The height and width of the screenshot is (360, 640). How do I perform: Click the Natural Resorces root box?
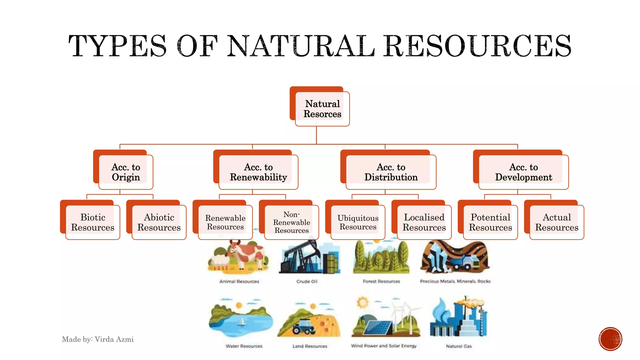(322, 109)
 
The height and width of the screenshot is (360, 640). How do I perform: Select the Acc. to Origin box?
(126, 172)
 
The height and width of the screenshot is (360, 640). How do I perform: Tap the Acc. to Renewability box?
(258, 172)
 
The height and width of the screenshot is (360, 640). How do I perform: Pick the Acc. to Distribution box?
(391, 172)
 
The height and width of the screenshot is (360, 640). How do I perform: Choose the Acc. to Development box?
(523, 172)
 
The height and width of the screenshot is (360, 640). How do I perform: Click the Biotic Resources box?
(93, 222)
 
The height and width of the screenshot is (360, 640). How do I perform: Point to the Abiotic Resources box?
(159, 222)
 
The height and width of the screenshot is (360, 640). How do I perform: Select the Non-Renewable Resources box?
(291, 222)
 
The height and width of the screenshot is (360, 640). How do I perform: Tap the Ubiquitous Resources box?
(358, 222)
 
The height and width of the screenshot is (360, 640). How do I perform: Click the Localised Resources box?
(424, 222)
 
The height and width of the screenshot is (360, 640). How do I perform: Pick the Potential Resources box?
(490, 222)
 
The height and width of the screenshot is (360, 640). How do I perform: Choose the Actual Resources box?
(557, 222)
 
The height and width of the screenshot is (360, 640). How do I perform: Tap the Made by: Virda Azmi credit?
(97, 339)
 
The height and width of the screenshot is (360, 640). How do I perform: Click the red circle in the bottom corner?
(610, 339)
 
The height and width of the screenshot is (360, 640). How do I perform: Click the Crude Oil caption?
(307, 281)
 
